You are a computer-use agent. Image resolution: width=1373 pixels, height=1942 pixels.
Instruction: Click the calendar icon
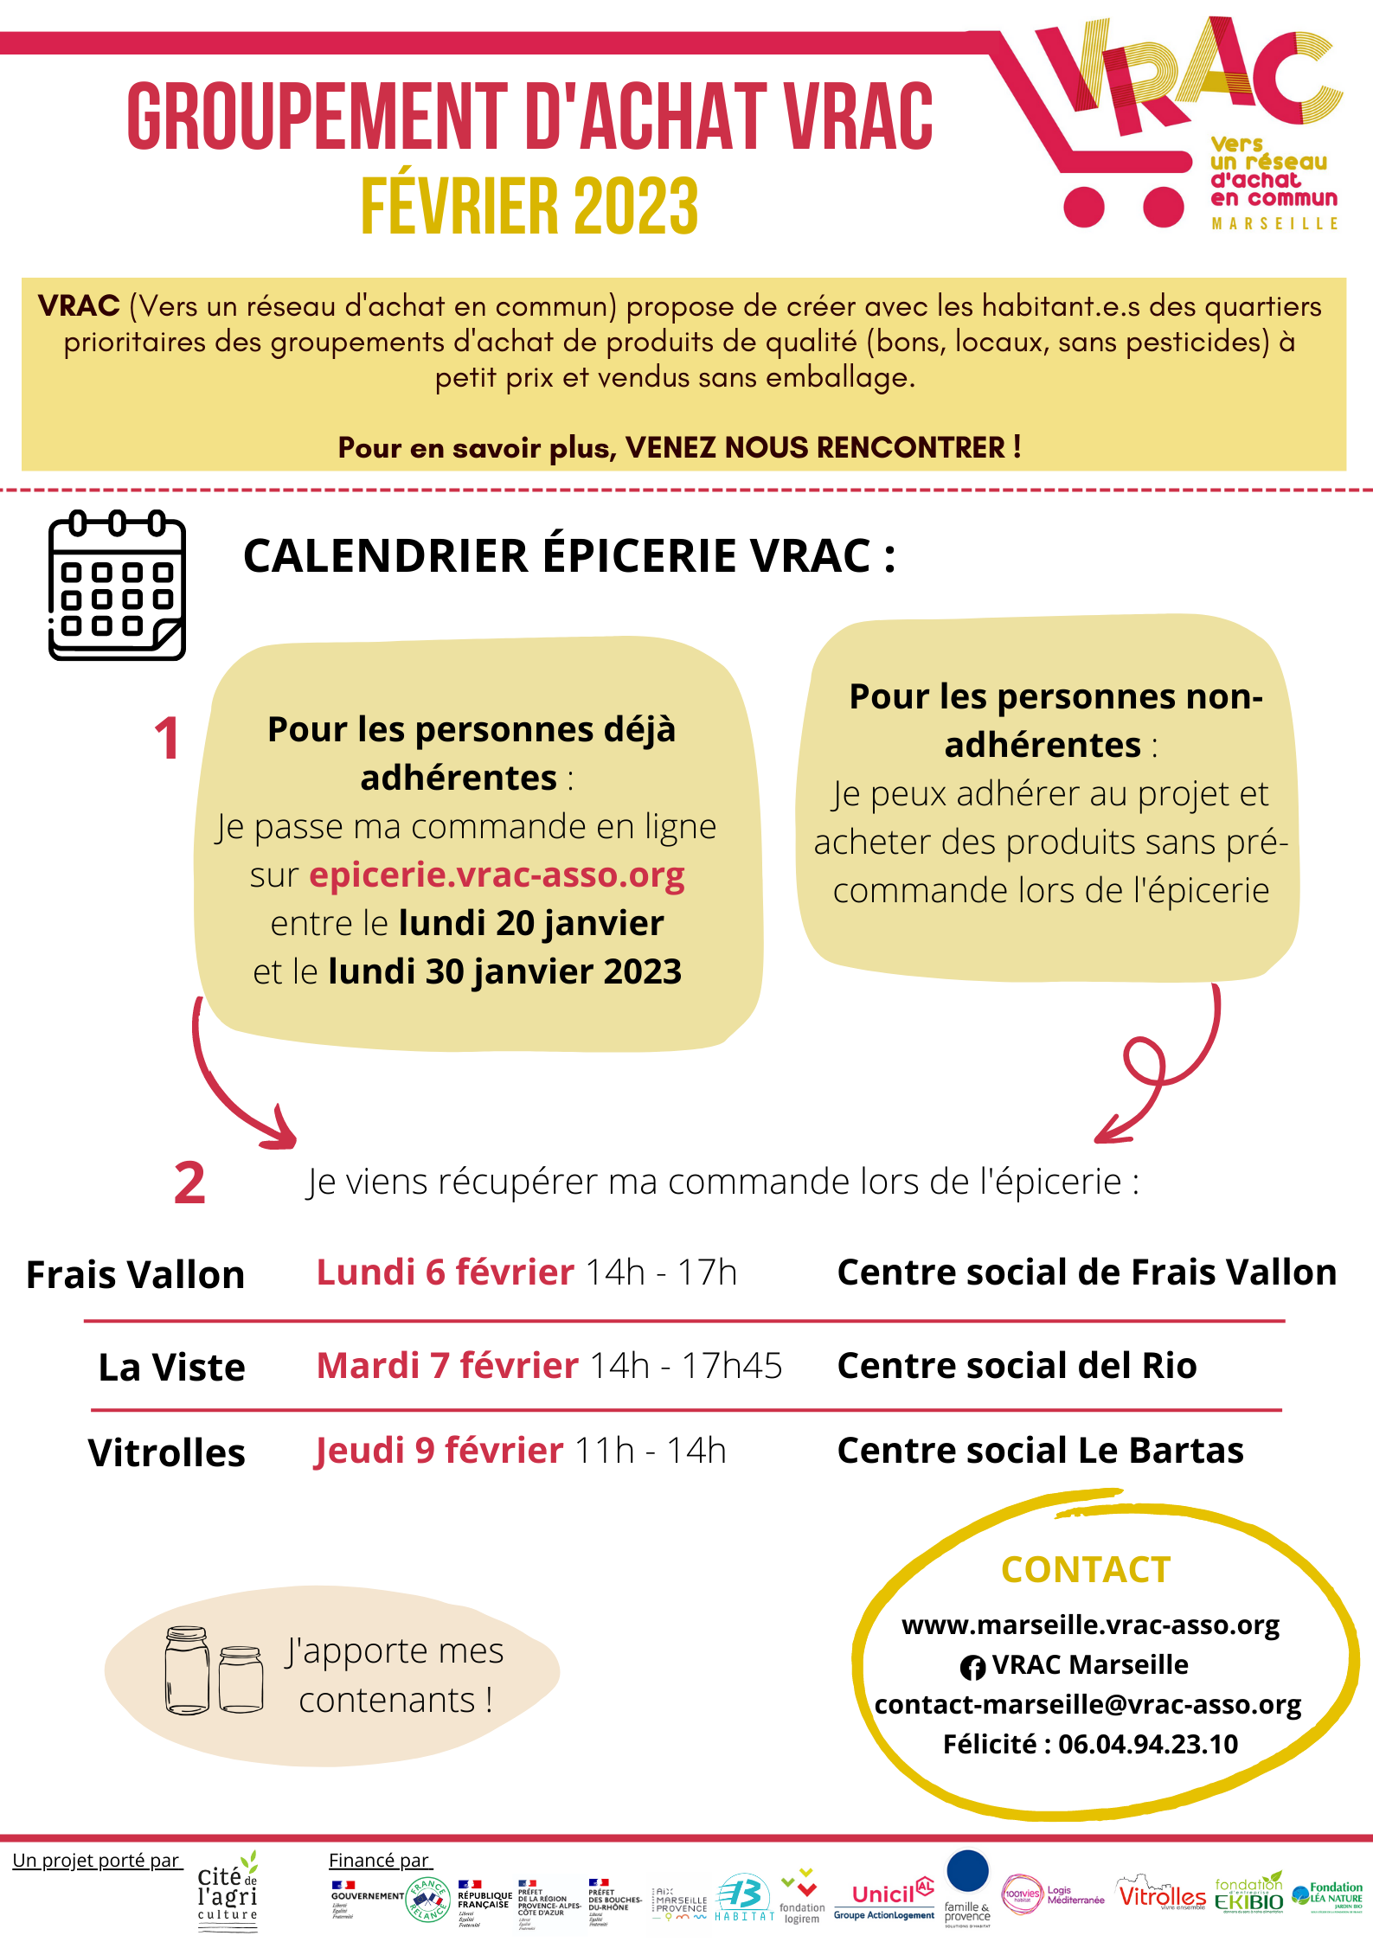pos(117,586)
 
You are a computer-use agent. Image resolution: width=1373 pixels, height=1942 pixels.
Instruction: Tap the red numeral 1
pos(167,739)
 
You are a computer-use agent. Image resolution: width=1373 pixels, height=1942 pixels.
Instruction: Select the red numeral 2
pos(189,1183)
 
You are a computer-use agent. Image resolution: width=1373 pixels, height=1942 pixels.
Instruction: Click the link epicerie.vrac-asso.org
pos(497,875)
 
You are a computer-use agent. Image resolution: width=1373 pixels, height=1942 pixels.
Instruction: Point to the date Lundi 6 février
pos(445,1272)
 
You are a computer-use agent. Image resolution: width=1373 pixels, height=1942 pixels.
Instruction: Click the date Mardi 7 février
pos(447,1366)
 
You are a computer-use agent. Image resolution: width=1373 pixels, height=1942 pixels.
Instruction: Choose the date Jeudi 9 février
pos(439,1451)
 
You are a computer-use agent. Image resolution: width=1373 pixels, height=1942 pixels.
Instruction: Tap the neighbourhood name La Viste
pos(171,1368)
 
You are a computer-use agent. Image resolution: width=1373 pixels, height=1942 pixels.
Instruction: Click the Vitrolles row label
pos(166,1453)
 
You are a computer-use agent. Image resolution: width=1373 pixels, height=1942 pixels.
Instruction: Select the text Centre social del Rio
pos(1017,1366)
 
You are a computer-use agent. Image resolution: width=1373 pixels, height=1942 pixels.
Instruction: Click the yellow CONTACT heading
pos(1086,1570)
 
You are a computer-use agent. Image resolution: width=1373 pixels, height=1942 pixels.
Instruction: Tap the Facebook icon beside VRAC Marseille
pos(972,1667)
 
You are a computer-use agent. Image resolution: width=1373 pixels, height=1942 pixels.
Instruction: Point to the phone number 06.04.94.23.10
pos(1148,1744)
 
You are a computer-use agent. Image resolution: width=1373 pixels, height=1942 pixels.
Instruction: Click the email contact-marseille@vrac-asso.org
pos(1087,1704)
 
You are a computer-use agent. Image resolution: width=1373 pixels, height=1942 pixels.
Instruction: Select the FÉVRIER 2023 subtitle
pos(529,206)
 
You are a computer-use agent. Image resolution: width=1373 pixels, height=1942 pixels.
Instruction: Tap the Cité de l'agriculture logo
pos(228,1894)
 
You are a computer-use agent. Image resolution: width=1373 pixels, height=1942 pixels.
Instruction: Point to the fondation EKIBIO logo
pos(1248,1894)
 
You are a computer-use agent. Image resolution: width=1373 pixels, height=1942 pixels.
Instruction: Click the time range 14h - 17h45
pos(685,1366)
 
